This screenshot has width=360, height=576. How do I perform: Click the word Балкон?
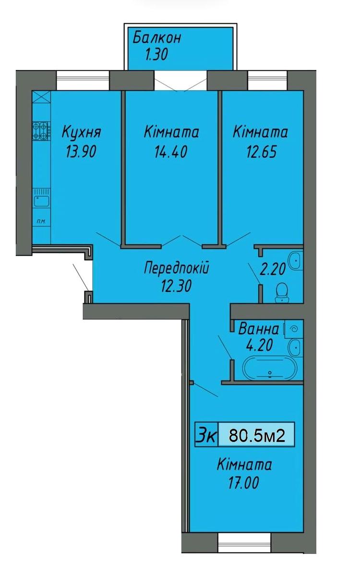(157, 37)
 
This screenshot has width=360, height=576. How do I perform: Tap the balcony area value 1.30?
(157, 55)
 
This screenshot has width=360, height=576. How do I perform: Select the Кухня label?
(82, 132)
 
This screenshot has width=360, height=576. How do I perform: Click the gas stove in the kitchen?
(41, 131)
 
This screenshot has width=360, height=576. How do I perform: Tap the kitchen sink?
(41, 198)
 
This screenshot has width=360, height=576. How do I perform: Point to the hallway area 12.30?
(177, 286)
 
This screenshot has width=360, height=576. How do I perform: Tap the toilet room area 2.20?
(273, 270)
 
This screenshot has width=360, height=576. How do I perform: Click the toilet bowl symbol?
(282, 293)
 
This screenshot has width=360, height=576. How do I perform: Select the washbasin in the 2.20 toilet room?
(296, 261)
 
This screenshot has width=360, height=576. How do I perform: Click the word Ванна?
(258, 329)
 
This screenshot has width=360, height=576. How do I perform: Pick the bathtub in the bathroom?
(270, 368)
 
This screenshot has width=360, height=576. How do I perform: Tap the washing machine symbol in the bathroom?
(294, 329)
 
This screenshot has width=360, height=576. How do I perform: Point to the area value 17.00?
(243, 483)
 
